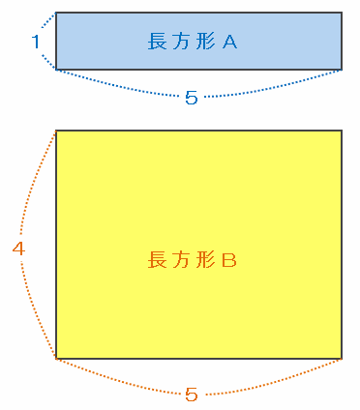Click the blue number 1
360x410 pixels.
click(36, 42)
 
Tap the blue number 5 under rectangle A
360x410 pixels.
click(192, 98)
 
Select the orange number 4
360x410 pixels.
click(18, 249)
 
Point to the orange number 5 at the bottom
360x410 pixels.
click(192, 395)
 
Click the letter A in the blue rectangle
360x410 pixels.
click(229, 42)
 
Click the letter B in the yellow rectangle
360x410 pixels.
click(229, 260)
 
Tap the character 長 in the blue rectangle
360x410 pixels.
click(158, 42)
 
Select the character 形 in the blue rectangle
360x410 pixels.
click(205, 42)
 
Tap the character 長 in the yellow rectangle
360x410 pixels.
click(158, 260)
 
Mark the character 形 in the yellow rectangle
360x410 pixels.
click(205, 260)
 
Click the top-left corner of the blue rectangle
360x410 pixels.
click(56, 13)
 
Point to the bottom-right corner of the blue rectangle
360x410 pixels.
click(342, 70)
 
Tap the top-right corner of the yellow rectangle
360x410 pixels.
click(342, 131)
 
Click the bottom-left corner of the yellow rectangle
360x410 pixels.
click(56, 359)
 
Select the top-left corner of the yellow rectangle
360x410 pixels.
click(56, 131)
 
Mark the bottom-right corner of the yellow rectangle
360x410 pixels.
click(342, 359)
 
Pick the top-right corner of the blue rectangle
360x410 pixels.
click(342, 13)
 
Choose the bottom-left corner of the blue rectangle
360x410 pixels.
click(56, 70)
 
